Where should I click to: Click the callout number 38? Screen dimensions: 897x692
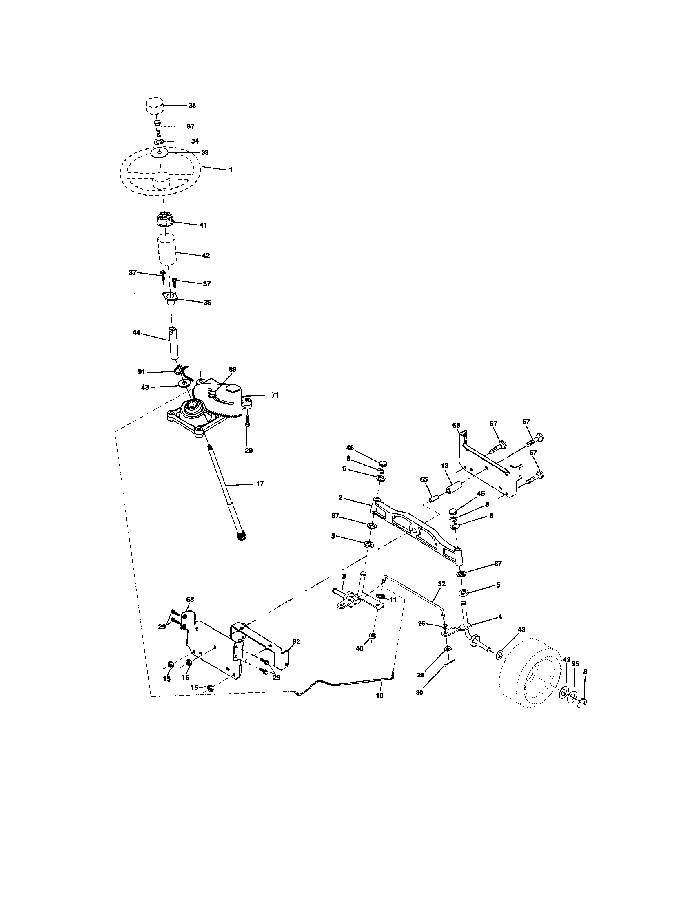[192, 105]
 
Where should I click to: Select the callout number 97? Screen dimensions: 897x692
[190, 126]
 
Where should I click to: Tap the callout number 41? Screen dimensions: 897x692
[203, 225]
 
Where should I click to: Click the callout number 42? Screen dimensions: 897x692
[206, 256]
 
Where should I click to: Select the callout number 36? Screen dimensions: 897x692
[208, 302]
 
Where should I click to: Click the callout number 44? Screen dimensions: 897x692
[136, 332]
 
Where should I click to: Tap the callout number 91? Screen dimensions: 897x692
[141, 372]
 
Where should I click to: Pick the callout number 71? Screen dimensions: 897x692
[275, 395]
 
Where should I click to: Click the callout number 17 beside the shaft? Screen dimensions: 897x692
[260, 484]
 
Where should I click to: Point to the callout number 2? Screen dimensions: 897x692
[341, 497]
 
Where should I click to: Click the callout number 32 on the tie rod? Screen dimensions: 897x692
[441, 583]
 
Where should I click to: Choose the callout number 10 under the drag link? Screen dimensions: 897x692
[379, 696]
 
